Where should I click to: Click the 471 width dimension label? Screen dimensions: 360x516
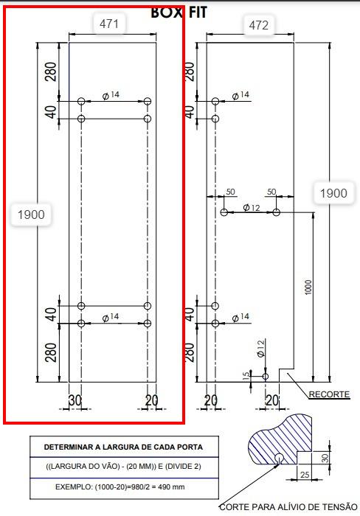tap(109, 24)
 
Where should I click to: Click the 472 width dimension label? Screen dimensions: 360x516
tap(258, 25)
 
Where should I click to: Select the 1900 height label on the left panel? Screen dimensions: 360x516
tap(31, 215)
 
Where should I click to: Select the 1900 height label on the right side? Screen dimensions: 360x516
tap(333, 193)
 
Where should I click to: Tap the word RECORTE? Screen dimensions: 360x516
tap(329, 394)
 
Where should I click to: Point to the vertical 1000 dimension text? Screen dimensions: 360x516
tap(308, 287)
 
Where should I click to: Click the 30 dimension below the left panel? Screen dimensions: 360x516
tap(75, 400)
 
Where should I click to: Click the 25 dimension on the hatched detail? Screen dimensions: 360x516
tap(305, 475)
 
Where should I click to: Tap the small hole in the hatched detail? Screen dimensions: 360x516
tap(280, 457)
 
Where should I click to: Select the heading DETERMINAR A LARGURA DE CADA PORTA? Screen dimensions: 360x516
tap(123, 447)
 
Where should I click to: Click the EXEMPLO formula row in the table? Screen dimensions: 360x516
tap(120, 487)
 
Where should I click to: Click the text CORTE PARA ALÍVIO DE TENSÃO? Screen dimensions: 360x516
tap(288, 507)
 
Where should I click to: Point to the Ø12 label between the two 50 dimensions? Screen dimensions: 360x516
tap(252, 208)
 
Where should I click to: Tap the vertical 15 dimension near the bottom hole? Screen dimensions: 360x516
tap(246, 376)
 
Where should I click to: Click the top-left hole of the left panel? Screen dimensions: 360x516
tap(81, 102)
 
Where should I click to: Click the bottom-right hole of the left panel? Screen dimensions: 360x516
tap(148, 324)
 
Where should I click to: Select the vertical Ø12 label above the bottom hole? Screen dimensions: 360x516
tap(260, 349)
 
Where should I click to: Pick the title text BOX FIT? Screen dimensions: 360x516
tap(179, 13)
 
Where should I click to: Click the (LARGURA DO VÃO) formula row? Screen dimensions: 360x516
tap(123, 467)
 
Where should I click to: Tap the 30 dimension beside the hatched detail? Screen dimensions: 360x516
tap(325, 458)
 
